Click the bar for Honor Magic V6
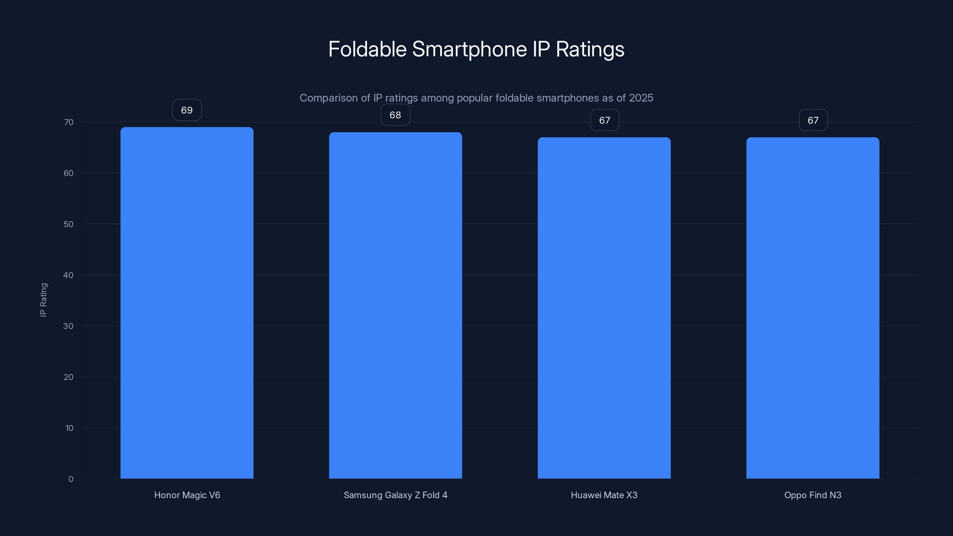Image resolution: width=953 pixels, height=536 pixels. (187, 303)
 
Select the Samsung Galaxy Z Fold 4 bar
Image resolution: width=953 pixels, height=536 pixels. (395, 305)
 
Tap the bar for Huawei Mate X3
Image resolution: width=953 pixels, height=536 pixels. (604, 308)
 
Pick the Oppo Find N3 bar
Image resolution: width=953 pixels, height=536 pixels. (813, 308)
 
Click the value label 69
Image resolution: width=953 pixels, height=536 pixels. (187, 110)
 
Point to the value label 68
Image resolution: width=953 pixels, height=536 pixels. (395, 115)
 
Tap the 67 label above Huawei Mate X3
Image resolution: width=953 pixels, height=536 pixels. (605, 120)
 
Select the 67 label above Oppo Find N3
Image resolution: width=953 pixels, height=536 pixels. (813, 120)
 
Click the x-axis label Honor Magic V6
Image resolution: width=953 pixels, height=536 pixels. (187, 495)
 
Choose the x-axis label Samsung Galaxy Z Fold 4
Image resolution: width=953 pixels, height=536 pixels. (395, 495)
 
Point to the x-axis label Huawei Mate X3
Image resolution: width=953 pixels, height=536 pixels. (604, 495)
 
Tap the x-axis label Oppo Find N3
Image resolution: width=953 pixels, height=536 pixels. (813, 495)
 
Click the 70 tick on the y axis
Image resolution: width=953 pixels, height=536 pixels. (69, 122)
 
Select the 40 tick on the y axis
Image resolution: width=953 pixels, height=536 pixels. (68, 275)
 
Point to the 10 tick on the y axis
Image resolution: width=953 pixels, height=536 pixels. (69, 428)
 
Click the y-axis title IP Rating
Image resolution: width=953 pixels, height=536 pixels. (43, 300)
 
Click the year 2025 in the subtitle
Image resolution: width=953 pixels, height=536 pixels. (641, 98)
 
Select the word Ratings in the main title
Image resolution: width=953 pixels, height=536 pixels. (590, 49)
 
